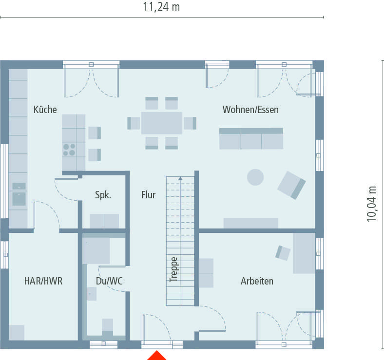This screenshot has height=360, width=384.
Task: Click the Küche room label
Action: click(45, 110)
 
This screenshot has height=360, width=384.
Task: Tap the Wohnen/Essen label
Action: click(250, 110)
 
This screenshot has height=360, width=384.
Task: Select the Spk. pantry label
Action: click(103, 195)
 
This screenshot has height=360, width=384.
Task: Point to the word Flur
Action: click(148, 195)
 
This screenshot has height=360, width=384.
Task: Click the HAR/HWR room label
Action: click(43, 281)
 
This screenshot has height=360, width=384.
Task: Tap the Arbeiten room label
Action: click(257, 281)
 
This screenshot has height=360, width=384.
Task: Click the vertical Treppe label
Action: click(173, 269)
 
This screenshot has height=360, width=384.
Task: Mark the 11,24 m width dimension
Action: click(161, 7)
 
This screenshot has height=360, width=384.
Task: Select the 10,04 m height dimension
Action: click(372, 204)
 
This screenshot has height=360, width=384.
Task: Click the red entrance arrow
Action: click(156, 355)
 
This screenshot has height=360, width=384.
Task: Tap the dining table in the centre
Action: click(161, 123)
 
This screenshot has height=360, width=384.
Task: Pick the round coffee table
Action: click(255, 177)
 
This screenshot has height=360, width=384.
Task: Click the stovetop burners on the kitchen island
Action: click(69, 149)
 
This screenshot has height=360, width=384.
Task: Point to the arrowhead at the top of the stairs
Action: click(180, 179)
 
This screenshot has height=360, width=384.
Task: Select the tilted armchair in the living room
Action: click(291, 185)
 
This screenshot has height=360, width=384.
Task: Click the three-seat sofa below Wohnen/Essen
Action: click(251, 139)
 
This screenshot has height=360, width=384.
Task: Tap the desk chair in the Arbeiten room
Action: click(283, 252)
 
